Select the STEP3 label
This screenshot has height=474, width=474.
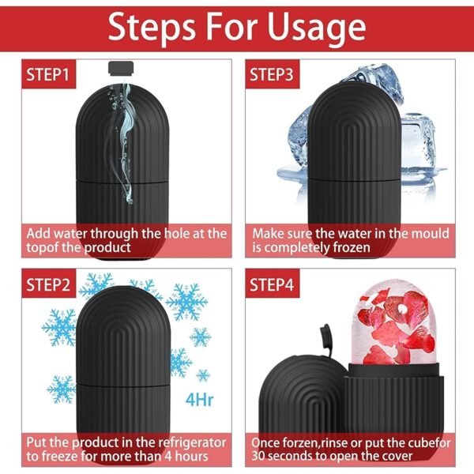tap(273, 76)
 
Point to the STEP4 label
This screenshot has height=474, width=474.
tap(273, 284)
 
